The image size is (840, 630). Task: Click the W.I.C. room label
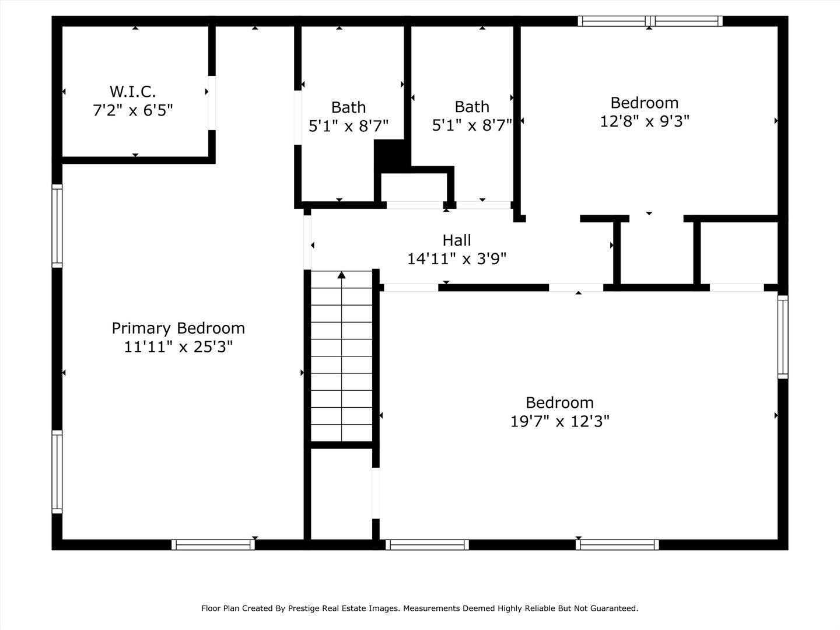click(x=133, y=92)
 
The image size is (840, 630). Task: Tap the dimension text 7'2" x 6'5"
click(x=133, y=110)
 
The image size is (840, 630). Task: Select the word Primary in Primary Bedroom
click(x=142, y=328)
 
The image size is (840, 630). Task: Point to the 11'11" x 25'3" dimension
click(x=178, y=347)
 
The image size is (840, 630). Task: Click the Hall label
click(x=457, y=240)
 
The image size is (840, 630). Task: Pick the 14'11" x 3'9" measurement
click(x=457, y=259)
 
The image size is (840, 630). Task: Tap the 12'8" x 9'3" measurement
click(x=645, y=121)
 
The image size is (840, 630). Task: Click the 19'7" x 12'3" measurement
click(x=559, y=421)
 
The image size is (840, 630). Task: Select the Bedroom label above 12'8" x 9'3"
click(x=645, y=103)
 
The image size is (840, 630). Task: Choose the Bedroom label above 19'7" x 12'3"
click(x=559, y=402)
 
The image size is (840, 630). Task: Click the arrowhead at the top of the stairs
click(x=342, y=275)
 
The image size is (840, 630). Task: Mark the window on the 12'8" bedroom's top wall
click(x=650, y=22)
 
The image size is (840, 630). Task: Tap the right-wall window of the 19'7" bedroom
click(x=783, y=337)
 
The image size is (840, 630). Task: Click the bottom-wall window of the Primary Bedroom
click(x=213, y=545)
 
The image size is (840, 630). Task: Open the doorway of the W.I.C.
click(x=212, y=103)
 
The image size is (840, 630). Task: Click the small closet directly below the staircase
click(x=341, y=494)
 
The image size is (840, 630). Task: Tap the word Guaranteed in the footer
click(x=614, y=608)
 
